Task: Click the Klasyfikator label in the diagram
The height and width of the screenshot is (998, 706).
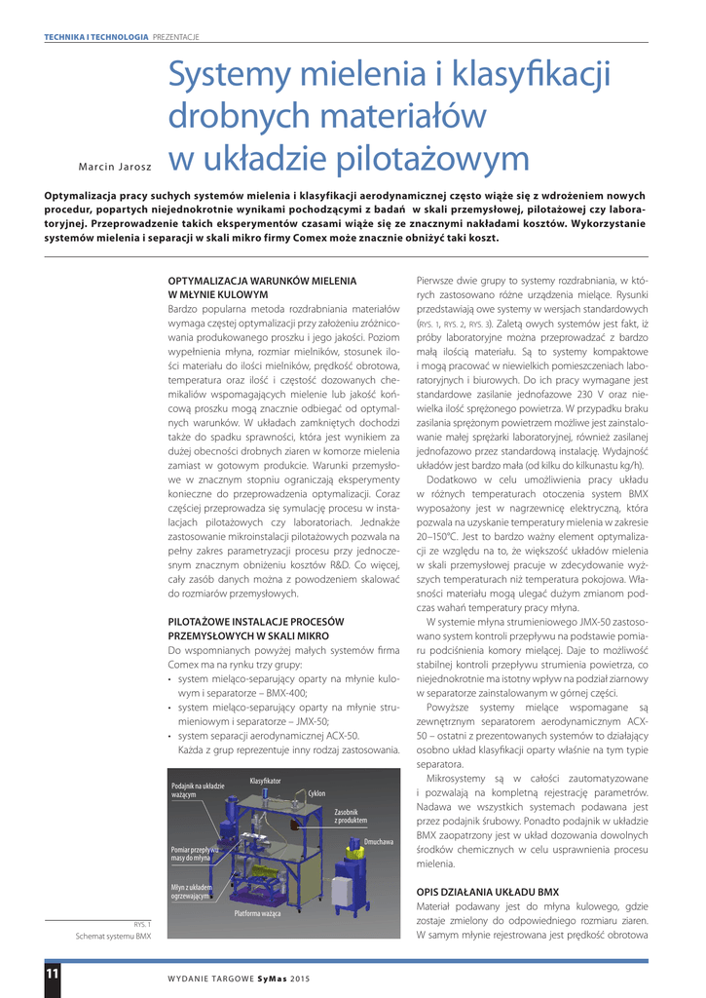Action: [x=265, y=781]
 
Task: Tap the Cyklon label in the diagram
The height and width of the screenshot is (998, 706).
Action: [x=316, y=793]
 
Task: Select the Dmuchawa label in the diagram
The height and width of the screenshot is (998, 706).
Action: [x=379, y=841]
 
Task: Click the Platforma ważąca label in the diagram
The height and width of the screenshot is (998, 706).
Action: [x=258, y=913]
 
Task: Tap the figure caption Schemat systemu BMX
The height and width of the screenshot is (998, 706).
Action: [x=113, y=936]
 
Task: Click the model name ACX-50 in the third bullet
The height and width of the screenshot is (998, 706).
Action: [x=341, y=735]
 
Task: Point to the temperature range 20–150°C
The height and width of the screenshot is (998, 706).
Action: [x=444, y=536]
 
